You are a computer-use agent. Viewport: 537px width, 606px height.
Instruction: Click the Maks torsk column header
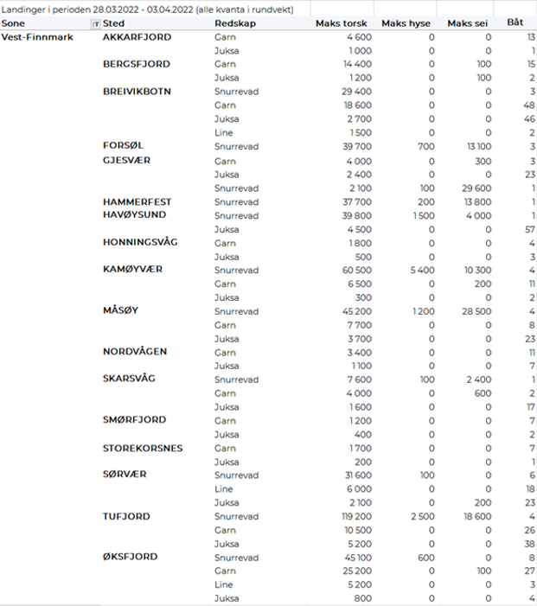click(x=345, y=23)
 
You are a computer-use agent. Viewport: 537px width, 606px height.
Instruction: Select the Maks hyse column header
click(x=408, y=23)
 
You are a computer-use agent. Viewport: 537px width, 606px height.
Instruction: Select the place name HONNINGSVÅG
click(x=140, y=242)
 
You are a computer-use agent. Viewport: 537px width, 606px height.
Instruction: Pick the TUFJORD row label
click(x=126, y=516)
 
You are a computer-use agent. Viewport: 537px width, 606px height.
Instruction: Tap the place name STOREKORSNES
click(x=143, y=448)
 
